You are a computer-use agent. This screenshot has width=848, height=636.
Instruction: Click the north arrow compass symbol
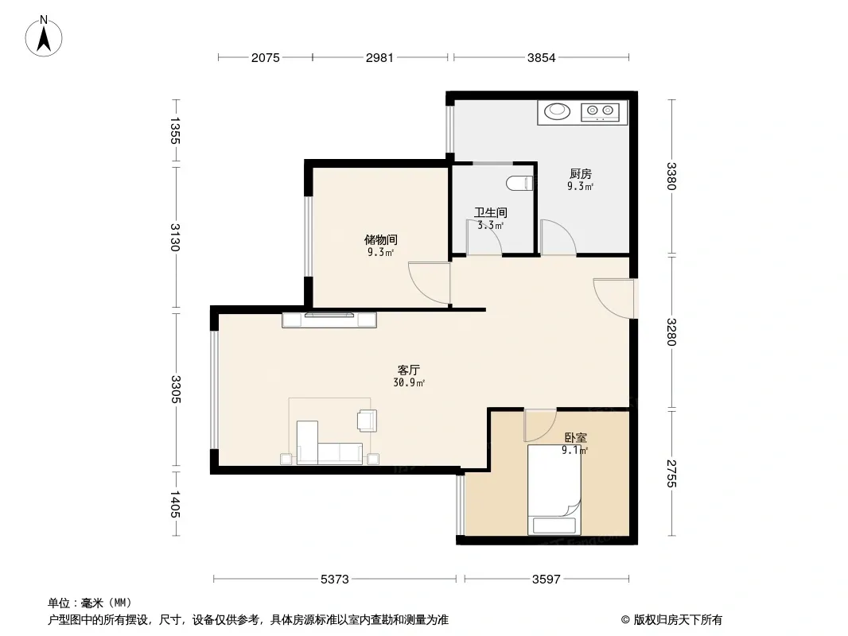(x=44, y=37)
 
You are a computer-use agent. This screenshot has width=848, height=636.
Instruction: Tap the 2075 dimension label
(x=266, y=57)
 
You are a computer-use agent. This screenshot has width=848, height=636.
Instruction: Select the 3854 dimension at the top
(x=542, y=57)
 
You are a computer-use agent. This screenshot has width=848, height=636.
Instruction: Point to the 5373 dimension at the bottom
(x=335, y=580)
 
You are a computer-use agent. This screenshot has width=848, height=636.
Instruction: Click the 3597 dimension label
(x=547, y=580)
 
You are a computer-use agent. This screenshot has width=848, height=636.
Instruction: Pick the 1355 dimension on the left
(x=175, y=130)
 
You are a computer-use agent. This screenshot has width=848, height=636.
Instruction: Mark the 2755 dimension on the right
(x=671, y=473)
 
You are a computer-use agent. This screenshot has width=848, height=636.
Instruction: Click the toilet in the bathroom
(x=520, y=183)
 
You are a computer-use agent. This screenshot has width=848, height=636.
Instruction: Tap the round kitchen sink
(x=557, y=111)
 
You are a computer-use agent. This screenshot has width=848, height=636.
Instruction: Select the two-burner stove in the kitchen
(x=600, y=112)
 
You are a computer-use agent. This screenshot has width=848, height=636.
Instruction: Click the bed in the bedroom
(x=554, y=490)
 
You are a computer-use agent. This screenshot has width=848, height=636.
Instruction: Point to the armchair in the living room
(x=368, y=421)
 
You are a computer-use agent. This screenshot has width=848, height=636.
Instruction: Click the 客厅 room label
(x=408, y=370)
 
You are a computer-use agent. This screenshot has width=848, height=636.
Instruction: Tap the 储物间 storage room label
(x=381, y=239)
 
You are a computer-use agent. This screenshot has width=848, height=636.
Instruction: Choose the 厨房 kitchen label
(x=580, y=174)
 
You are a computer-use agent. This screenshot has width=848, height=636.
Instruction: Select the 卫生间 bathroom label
(x=491, y=213)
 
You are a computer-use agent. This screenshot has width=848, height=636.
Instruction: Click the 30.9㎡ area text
(x=409, y=383)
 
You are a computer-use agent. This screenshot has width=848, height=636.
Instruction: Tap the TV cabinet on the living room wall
(x=329, y=320)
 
